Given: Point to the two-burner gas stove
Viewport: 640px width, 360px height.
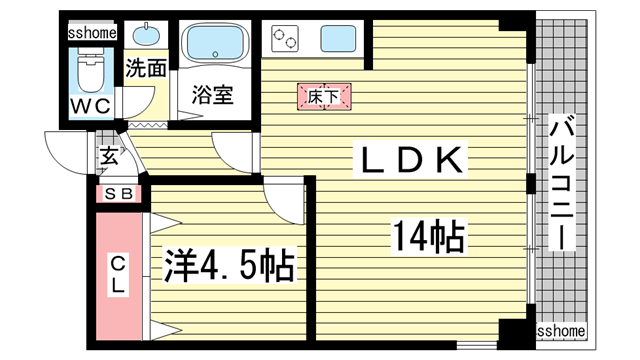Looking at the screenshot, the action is (x=287, y=40).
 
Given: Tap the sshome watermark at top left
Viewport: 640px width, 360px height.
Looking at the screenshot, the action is (x=92, y=32).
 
